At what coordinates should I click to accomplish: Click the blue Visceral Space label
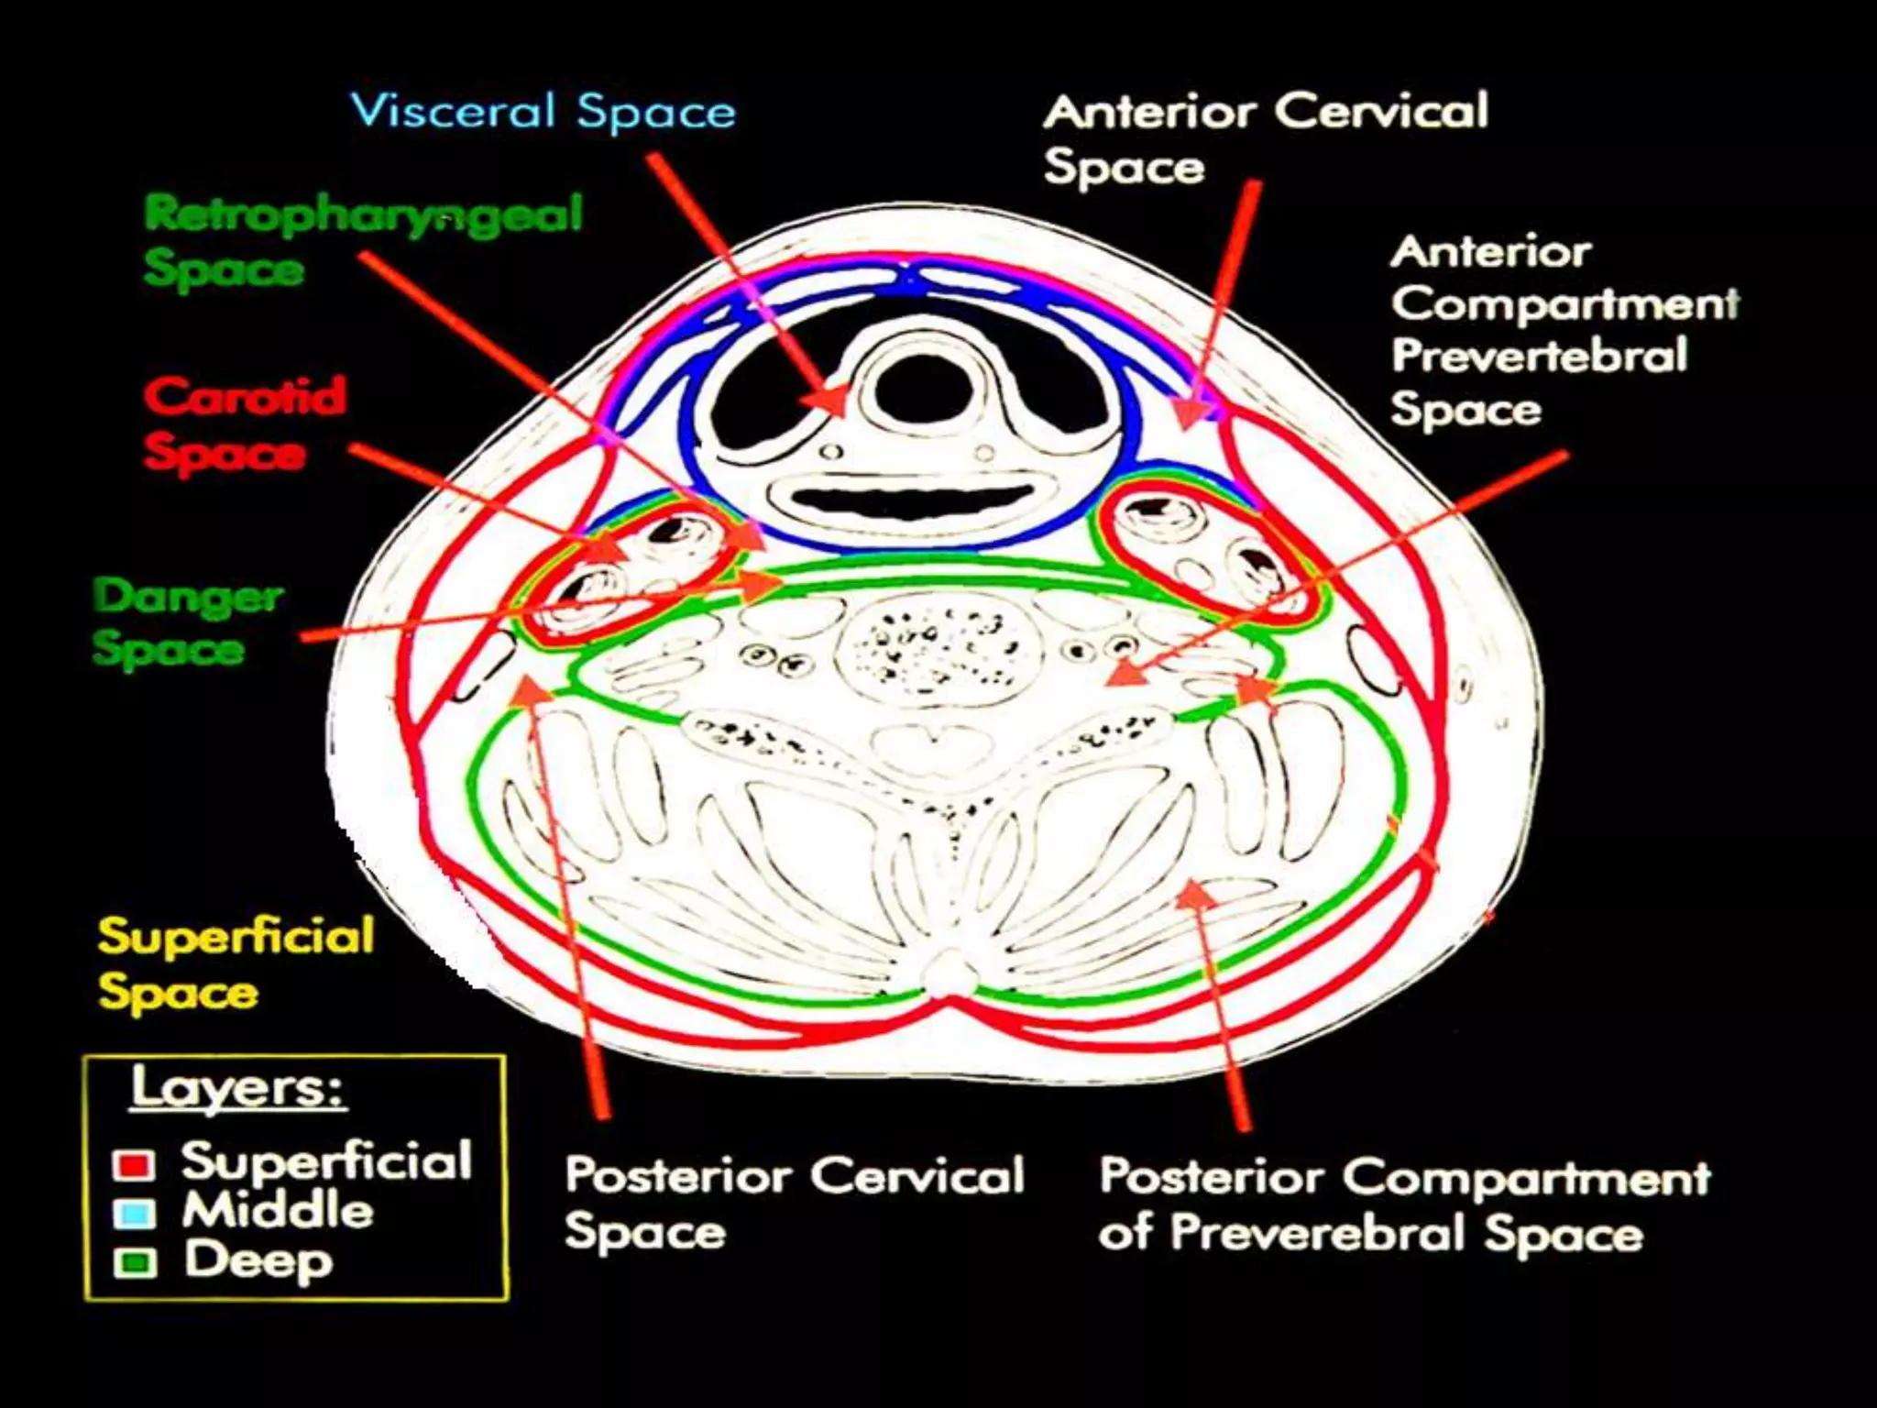click(x=543, y=112)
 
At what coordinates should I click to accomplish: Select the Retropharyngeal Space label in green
click(x=362, y=240)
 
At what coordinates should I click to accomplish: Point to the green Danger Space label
click(x=187, y=621)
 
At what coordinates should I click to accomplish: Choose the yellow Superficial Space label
click(x=235, y=963)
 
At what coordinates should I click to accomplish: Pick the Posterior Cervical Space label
click(x=794, y=1202)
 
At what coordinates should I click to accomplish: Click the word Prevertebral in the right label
click(x=1540, y=356)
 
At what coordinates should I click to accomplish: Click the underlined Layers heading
click(x=236, y=1088)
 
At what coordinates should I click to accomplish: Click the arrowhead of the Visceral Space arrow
click(x=829, y=401)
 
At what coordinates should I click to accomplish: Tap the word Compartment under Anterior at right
click(x=1564, y=303)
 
